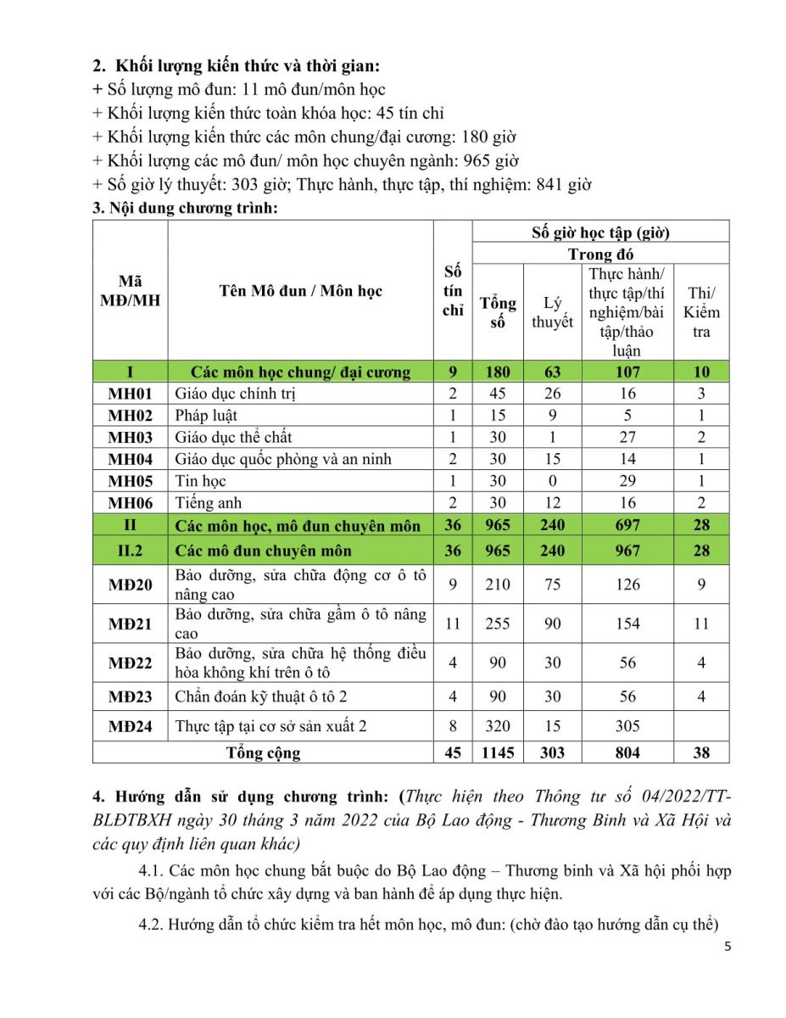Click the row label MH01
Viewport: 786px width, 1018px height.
click(x=130, y=394)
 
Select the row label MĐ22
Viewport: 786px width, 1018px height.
click(x=130, y=663)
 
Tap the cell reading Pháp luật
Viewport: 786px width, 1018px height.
click(x=206, y=416)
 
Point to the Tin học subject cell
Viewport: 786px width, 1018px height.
click(x=200, y=481)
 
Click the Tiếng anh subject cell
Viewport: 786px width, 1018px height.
click(x=208, y=503)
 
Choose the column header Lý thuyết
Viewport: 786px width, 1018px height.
click(x=552, y=312)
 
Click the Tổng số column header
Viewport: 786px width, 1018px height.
click(x=498, y=312)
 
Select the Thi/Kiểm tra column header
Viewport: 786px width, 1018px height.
click(x=701, y=312)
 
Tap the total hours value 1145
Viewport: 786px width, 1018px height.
click(x=498, y=752)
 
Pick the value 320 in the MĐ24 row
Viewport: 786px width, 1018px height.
click(x=498, y=726)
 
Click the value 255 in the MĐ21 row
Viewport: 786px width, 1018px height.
click(x=498, y=624)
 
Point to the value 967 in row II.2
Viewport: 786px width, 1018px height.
click(x=627, y=551)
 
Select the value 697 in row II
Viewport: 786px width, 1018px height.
click(x=627, y=525)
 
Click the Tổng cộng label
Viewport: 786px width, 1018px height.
click(x=263, y=752)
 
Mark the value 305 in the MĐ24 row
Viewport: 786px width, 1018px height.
click(x=627, y=726)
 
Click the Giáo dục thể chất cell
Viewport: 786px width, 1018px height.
click(x=233, y=438)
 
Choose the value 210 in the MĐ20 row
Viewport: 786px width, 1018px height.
click(x=498, y=585)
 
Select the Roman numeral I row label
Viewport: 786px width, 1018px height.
click(x=130, y=372)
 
